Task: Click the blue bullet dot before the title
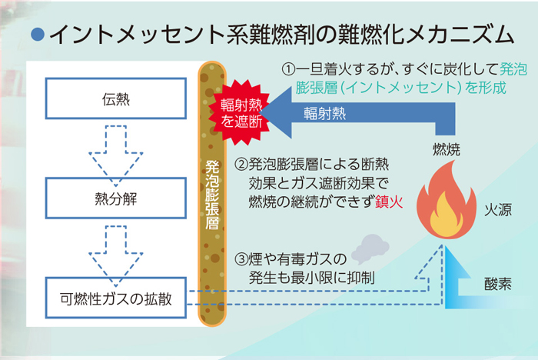[x=38, y=35]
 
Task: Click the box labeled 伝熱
[x=116, y=98]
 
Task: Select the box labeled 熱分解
[x=116, y=198]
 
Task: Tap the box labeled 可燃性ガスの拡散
[x=116, y=298]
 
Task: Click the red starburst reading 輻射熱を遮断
[x=241, y=112]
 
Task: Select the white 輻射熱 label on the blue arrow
[x=324, y=113]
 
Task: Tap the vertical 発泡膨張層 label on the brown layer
[x=212, y=195]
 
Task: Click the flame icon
[x=446, y=201]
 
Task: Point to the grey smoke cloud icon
[x=370, y=248]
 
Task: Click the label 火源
[x=498, y=209]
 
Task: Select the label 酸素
[x=498, y=284]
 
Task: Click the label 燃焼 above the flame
[x=447, y=150]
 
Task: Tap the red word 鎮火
[x=389, y=202]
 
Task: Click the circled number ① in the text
[x=288, y=70]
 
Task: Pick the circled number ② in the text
[x=241, y=164]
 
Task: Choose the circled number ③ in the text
[x=241, y=259]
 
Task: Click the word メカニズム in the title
[x=460, y=35]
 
